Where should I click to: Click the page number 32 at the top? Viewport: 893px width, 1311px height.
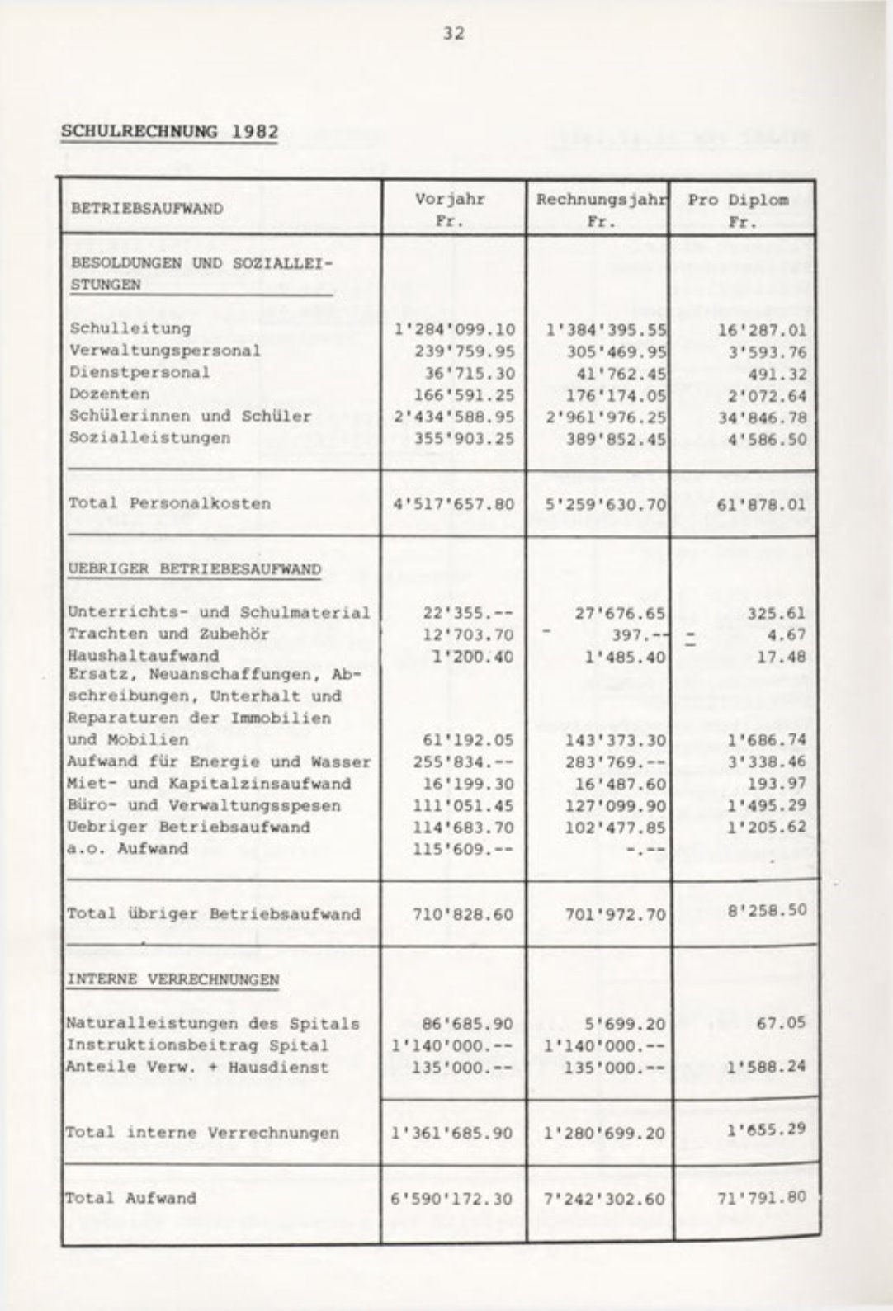[x=453, y=34]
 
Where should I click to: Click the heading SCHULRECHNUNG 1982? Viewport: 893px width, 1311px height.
[x=169, y=132]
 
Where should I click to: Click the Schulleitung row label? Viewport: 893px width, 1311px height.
[x=130, y=328]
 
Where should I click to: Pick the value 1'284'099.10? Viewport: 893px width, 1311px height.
[x=455, y=330]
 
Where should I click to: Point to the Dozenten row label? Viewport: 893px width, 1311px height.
[x=110, y=394]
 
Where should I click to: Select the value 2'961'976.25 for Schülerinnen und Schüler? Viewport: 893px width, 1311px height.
[x=606, y=417]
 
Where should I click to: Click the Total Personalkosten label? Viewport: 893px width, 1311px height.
[x=169, y=503]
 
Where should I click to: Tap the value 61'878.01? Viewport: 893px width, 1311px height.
[x=761, y=503]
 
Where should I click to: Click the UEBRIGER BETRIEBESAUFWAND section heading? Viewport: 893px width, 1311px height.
[x=194, y=569]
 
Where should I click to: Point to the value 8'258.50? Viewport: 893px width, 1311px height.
[x=766, y=912]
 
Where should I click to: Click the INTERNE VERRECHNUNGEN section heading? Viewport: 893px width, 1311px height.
[x=172, y=980]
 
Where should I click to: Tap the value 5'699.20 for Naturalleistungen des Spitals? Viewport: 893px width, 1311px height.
[x=624, y=1024]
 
